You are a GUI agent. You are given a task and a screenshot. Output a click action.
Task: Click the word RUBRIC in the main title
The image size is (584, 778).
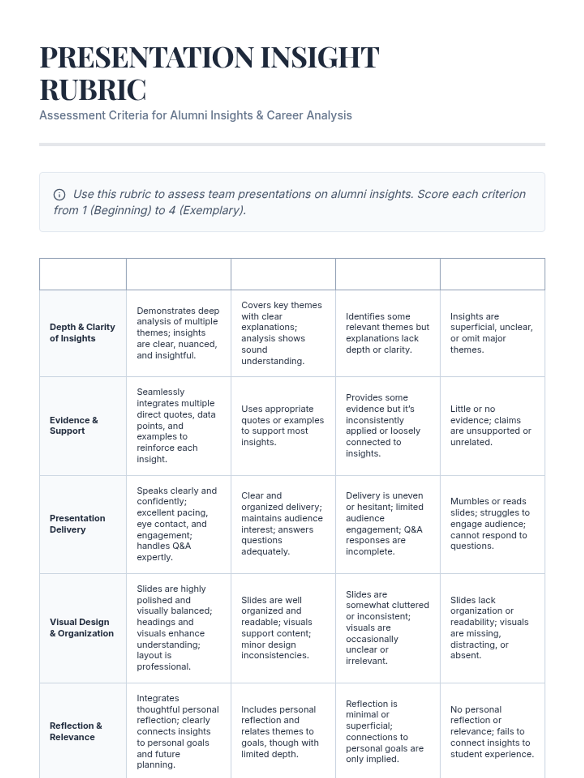(92, 90)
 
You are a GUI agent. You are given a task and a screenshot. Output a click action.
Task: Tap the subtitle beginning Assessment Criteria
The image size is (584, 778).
(195, 115)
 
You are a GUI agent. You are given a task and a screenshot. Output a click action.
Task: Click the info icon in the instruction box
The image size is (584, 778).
(59, 195)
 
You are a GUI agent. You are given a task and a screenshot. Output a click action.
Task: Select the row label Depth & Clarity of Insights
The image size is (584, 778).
(82, 333)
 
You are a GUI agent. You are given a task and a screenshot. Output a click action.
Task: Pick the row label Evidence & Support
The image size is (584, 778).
(73, 425)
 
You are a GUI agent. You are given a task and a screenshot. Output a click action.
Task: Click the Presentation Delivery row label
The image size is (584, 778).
(77, 524)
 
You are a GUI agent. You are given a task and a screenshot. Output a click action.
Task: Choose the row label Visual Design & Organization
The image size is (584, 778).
(81, 627)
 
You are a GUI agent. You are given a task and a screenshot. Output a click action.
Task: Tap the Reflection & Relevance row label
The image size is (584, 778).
(75, 731)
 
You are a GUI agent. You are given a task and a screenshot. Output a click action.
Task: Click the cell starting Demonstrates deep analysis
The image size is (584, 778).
(178, 333)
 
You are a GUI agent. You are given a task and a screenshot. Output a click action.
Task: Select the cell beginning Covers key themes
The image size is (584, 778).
(282, 333)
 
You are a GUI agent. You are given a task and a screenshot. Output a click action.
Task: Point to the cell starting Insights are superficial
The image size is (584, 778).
(492, 333)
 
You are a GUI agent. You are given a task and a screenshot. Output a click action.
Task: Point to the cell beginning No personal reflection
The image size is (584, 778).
(492, 731)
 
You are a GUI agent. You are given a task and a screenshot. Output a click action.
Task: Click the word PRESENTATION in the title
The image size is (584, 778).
(146, 57)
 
